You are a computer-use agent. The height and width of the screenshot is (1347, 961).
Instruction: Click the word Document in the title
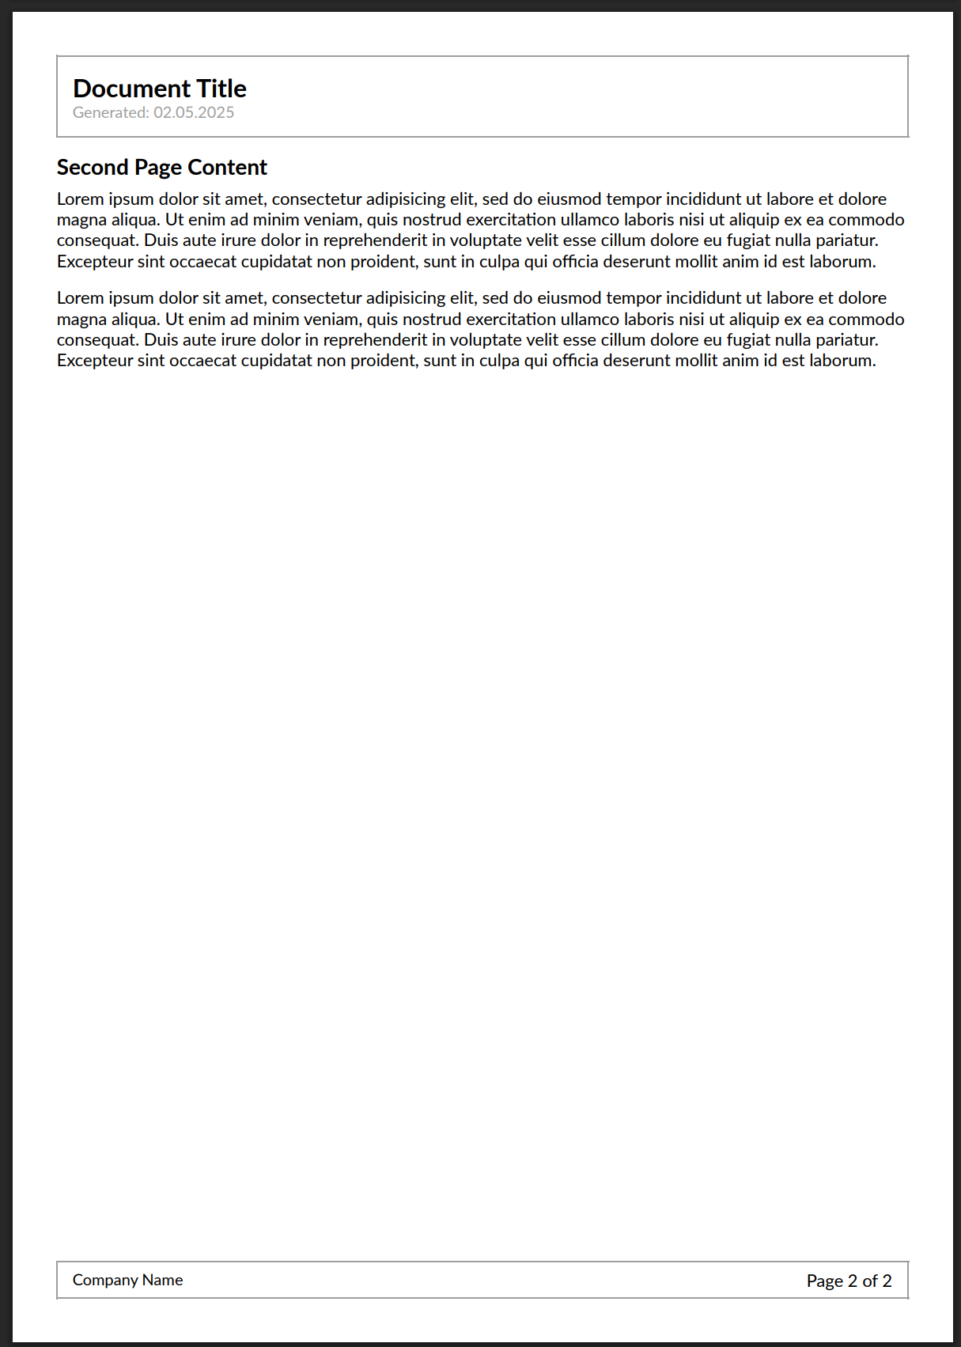point(131,89)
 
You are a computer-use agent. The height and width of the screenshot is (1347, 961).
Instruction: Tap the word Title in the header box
point(221,89)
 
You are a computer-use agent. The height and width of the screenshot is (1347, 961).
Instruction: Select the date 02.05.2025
point(194,112)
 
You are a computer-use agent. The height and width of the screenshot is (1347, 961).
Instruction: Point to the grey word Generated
point(111,112)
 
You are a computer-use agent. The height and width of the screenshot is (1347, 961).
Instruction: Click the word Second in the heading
point(93,168)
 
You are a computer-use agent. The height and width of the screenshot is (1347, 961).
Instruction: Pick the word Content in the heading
point(228,168)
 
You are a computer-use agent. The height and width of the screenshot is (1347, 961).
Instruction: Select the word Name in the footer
point(163,1280)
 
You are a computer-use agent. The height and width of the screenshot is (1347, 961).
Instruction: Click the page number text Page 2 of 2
point(849,1281)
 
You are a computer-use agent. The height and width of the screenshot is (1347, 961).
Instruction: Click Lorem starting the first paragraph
point(80,199)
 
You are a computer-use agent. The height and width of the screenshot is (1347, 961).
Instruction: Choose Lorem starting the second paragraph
point(80,298)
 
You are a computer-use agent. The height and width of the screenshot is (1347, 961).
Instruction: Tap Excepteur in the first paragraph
point(95,262)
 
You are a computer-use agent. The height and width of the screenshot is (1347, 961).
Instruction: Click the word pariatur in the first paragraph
point(847,240)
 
